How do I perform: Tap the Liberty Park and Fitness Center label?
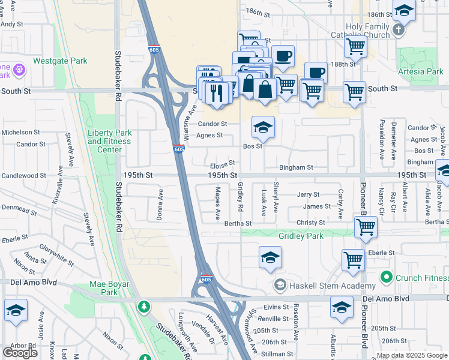point(113,141)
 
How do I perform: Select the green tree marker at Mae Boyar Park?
point(143,307)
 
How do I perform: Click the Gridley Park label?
point(301,236)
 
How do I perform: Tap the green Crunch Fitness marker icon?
point(386,277)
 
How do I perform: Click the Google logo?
point(20,353)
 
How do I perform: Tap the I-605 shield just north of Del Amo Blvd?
point(205,280)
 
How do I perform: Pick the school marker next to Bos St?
point(263,127)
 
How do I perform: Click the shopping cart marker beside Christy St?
point(366,227)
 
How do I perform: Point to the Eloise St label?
point(221,163)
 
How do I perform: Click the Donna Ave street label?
point(160,205)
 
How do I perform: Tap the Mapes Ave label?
point(218,204)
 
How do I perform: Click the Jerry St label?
point(308,195)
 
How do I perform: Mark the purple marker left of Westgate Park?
point(19,70)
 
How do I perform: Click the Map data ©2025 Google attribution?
point(412,356)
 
